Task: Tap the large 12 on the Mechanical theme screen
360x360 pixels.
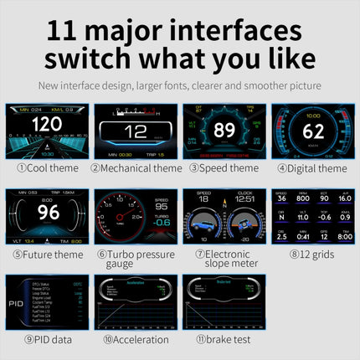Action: pyautogui.click(x=136, y=131)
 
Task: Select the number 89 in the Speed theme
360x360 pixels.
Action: pyautogui.click(x=224, y=130)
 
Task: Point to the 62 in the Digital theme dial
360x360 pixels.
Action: pyautogui.click(x=313, y=131)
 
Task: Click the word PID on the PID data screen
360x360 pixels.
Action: pyautogui.click(x=16, y=306)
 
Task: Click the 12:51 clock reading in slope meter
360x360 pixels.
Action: pyautogui.click(x=244, y=200)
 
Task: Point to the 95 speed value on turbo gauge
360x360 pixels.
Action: pyautogui.click(x=161, y=206)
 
